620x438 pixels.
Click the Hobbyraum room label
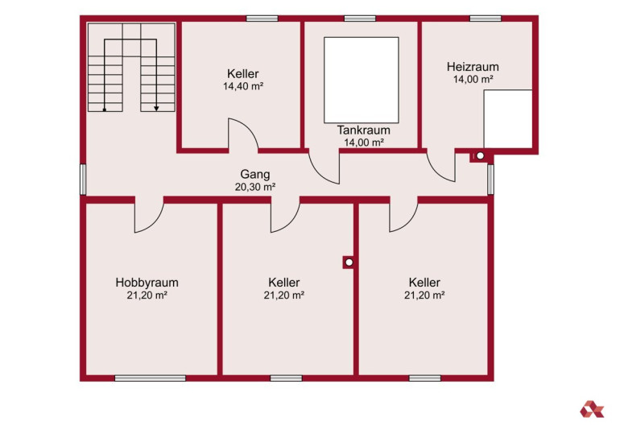point(147,283)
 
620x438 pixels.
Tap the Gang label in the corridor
point(255,175)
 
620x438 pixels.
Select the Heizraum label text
point(473,66)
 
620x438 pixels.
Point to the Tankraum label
point(363,130)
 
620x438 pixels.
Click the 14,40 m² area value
point(243,86)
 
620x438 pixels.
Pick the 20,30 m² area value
point(255,187)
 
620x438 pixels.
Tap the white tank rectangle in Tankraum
point(362,81)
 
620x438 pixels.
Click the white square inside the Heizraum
point(508,119)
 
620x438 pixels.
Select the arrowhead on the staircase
point(156,108)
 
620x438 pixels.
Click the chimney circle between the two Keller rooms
point(349,262)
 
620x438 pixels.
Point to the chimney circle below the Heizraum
point(480,155)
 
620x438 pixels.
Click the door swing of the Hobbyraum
point(155,223)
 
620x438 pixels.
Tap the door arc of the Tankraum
point(318,174)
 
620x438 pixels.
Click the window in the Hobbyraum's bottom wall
point(151,378)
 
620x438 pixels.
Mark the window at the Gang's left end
point(83,180)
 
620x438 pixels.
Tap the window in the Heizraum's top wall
point(486,19)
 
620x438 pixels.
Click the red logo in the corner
point(592,409)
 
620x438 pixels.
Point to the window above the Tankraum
point(360,19)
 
